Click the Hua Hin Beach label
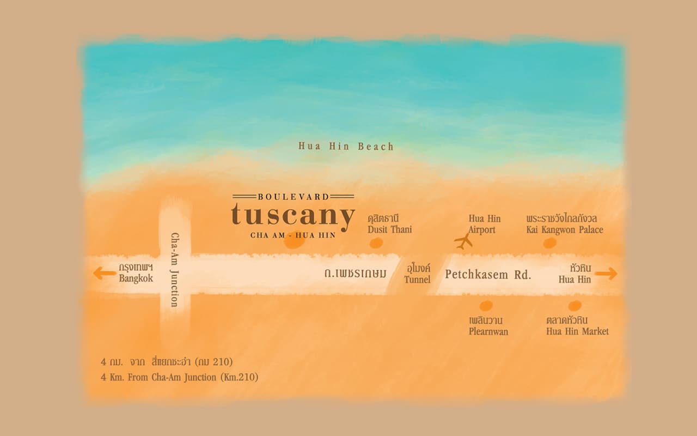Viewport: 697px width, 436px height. pos(346,146)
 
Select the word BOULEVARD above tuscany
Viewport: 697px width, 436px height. pos(294,196)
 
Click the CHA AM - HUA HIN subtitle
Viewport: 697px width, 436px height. pos(293,235)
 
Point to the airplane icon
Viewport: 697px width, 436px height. pos(463,241)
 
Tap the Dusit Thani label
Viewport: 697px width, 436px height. pos(389,224)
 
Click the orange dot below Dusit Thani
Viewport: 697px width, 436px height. pos(376,243)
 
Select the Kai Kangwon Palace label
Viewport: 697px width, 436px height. pos(565,224)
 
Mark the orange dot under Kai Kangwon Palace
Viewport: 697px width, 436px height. pos(550,243)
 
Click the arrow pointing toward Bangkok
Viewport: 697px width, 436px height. pos(104,273)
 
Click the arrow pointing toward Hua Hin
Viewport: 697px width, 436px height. pos(606,273)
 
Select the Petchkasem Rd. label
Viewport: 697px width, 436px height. pos(488,274)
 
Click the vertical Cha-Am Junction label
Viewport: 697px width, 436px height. pos(175,270)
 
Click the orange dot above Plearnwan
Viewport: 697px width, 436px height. pos(486,306)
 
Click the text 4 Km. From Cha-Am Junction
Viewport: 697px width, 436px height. pos(179,377)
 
